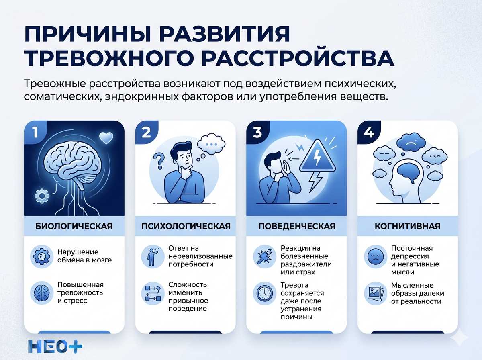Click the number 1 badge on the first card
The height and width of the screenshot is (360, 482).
point(35,132)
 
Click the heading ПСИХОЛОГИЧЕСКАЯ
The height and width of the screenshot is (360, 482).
point(186,226)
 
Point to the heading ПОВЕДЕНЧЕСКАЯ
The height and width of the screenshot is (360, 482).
point(296,226)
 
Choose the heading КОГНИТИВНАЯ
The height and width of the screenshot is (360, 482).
point(407,226)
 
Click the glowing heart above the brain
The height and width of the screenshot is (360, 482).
point(106,138)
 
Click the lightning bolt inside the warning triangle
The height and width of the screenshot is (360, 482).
point(317,157)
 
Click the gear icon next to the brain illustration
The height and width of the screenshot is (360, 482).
point(41,196)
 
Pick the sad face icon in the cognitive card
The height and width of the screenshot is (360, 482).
point(375,256)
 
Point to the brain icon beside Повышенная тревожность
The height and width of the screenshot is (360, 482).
point(41,292)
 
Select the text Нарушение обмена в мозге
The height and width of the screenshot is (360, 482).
point(85,256)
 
